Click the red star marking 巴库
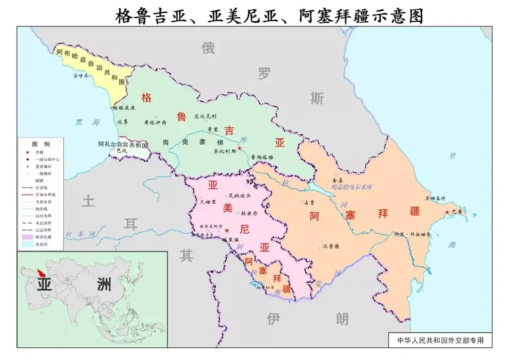pos(447,213)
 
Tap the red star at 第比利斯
pos(239,148)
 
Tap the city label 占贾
pos(309,202)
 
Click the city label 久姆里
pos(207,202)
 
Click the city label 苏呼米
pos(80,75)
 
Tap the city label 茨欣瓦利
pos(205,116)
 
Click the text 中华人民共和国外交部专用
pos(440,340)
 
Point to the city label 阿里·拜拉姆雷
pos(412,234)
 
